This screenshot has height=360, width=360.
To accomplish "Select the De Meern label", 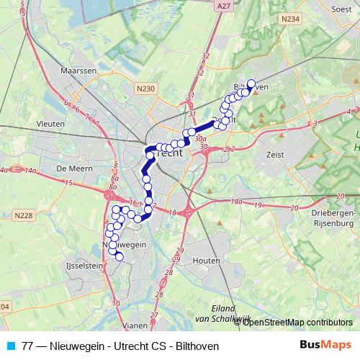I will pos(71,168).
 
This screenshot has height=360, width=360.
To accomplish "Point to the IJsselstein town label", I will pos(86,265).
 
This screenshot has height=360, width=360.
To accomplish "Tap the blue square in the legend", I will pos(10,346).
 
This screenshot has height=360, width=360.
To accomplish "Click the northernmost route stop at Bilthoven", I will pos(251,83).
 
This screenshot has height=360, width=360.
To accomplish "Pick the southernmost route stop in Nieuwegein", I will pos(120,256).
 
